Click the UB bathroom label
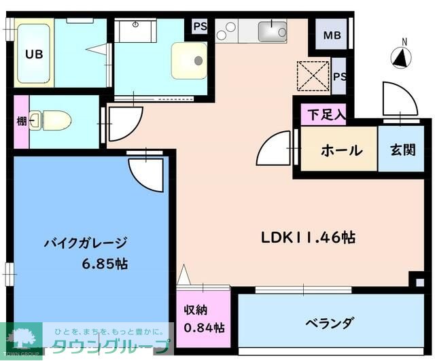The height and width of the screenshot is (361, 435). pyautogui.click(x=33, y=55)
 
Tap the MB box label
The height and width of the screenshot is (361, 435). pyautogui.click(x=332, y=35)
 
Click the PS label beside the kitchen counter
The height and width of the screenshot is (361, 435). pyautogui.click(x=200, y=27)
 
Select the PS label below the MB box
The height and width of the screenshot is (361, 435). pyautogui.click(x=340, y=76)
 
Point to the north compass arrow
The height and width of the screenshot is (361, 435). pyautogui.click(x=401, y=58)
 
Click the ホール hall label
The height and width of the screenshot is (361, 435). pyautogui.click(x=340, y=150)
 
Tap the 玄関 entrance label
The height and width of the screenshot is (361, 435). pyautogui.click(x=402, y=150)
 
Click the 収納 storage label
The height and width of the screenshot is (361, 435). pyautogui.click(x=195, y=311)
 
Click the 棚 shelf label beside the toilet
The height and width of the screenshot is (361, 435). pyautogui.click(x=20, y=122)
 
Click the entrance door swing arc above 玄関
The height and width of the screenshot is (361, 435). pyautogui.click(x=400, y=101)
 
